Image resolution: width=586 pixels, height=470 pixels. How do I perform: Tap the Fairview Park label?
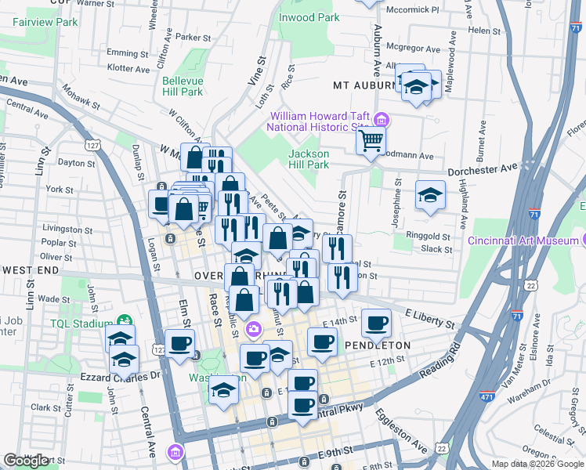[45, 23]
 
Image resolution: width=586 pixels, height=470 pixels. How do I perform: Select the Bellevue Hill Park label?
[183, 86]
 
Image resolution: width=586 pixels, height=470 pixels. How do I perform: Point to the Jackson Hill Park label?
[309, 160]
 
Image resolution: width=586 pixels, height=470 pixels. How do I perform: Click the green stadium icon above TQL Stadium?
[123, 320]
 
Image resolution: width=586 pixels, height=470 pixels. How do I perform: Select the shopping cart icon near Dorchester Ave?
[371, 141]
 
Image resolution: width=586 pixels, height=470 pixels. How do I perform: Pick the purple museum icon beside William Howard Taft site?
[382, 120]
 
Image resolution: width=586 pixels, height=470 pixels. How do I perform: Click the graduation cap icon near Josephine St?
[429, 194]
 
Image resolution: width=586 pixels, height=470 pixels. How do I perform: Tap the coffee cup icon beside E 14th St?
[376, 322]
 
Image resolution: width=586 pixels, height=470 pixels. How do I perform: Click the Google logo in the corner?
[27, 461]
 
